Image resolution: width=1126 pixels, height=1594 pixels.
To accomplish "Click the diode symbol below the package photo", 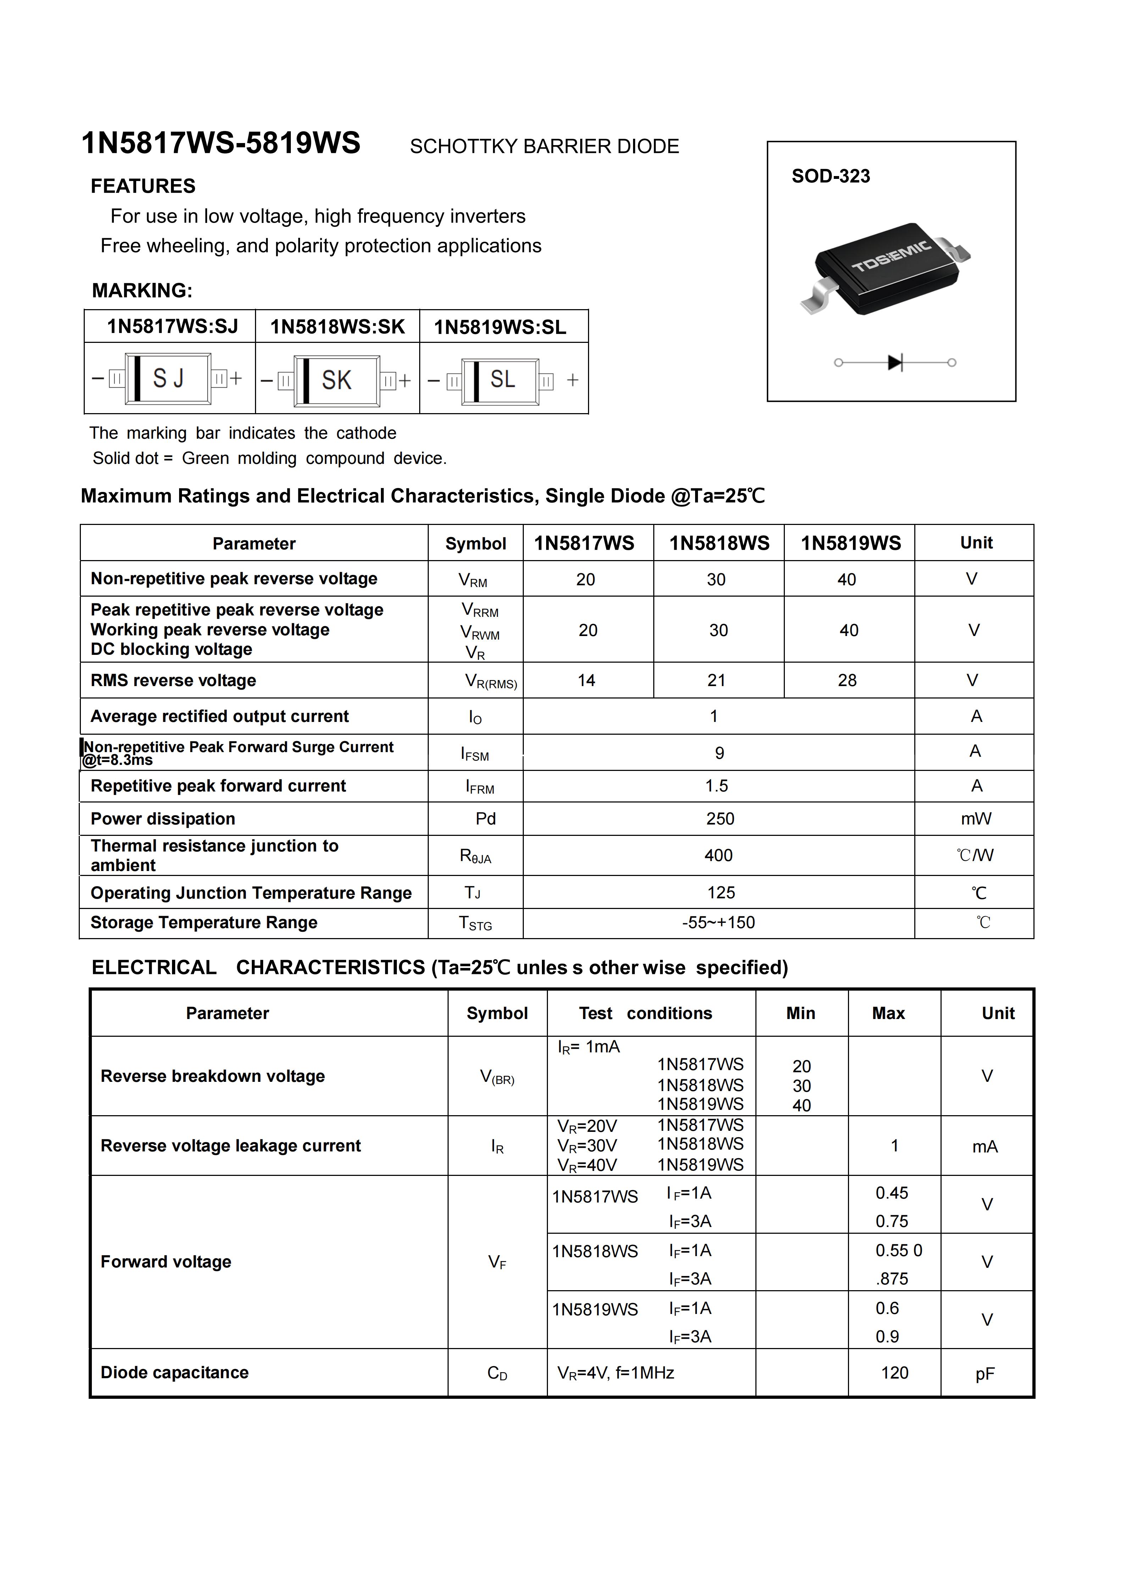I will (x=895, y=362).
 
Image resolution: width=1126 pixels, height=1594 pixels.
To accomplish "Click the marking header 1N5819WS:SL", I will (x=500, y=327).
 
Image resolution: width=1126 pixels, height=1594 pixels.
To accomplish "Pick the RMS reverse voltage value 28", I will (x=847, y=680).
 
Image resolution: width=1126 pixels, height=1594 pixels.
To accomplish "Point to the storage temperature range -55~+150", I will (x=719, y=923).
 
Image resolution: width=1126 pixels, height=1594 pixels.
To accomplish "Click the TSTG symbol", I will (x=475, y=923).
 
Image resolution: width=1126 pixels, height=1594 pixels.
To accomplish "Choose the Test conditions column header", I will (x=645, y=1014).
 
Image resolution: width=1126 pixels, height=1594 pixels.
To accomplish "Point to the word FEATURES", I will (x=143, y=186).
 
